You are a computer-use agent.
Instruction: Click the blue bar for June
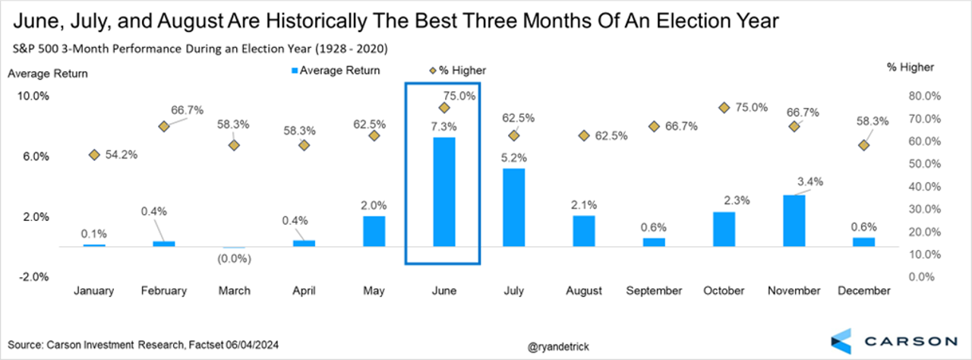point(444,192)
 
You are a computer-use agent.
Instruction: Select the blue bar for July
point(514,207)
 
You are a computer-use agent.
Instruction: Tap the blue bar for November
point(794,221)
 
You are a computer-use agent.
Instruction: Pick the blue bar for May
point(374,232)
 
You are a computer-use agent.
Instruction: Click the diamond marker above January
point(94,155)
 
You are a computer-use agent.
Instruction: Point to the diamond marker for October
point(724,108)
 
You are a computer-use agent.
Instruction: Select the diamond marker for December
point(863,145)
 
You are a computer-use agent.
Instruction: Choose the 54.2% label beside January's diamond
point(121,155)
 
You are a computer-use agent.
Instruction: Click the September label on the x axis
point(654,291)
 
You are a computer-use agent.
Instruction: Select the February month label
point(164,291)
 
